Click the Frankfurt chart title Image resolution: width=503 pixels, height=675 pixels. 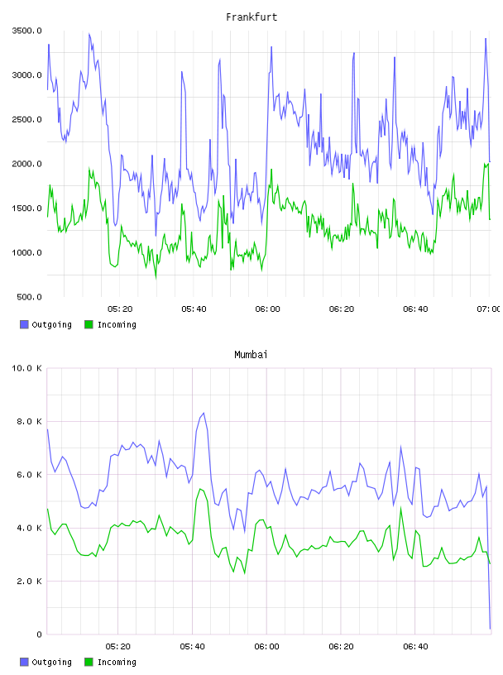pos(251,17)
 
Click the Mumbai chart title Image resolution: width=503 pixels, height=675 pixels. pos(251,354)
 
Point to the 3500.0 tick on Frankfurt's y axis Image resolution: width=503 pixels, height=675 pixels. pos(26,31)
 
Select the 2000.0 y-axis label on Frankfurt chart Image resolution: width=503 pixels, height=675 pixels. pos(26,164)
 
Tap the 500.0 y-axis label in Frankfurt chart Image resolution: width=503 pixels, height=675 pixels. pos(29,297)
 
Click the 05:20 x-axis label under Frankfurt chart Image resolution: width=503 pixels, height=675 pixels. pos(120,309)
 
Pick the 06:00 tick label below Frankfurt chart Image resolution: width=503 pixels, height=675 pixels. pos(267,309)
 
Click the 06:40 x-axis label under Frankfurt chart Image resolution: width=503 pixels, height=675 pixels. pos(415,309)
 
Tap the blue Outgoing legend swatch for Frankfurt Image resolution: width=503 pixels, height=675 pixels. pos(24,324)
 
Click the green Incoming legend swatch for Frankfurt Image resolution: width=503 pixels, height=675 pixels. pos(89,324)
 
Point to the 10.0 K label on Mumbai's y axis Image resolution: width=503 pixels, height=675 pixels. pos(26,368)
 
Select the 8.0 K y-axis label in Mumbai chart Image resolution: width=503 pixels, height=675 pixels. pos(29,421)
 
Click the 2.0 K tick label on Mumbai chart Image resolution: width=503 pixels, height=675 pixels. pos(29,582)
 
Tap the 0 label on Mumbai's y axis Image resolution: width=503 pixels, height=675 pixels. pos(39,634)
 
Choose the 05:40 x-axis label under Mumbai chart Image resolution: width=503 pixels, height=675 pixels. pos(192,646)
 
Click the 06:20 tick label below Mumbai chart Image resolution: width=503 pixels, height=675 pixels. pos(341,646)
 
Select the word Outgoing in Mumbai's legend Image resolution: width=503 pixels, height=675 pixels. pos(51,662)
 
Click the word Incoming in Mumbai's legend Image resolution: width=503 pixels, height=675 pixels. pos(117,662)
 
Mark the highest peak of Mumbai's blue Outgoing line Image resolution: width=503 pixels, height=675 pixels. pos(204,414)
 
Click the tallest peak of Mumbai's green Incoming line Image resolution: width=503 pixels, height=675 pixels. pos(201,489)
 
